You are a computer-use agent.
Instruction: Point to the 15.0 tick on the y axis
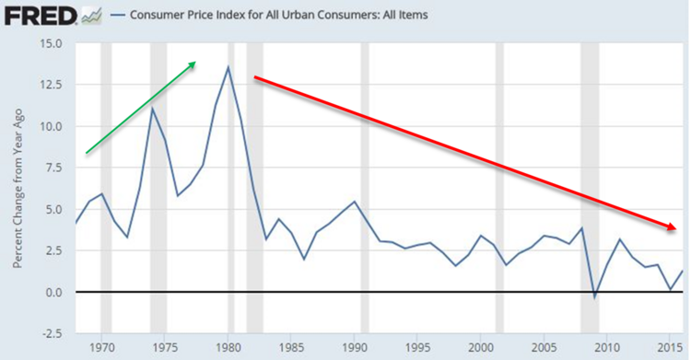pyautogui.click(x=50, y=43)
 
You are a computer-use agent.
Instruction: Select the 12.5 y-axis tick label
pyautogui.click(x=50, y=85)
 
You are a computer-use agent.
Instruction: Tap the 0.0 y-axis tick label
pyautogui.click(x=53, y=292)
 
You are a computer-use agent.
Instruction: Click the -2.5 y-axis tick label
pyautogui.click(x=52, y=333)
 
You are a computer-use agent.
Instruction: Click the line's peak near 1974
pyautogui.click(x=152, y=109)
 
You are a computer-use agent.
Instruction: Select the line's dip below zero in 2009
pyautogui.click(x=595, y=297)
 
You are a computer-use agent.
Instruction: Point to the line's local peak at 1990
pyautogui.click(x=355, y=201)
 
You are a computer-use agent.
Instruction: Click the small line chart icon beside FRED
pyautogui.click(x=91, y=15)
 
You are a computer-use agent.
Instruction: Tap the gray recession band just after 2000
pyautogui.click(x=500, y=184)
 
